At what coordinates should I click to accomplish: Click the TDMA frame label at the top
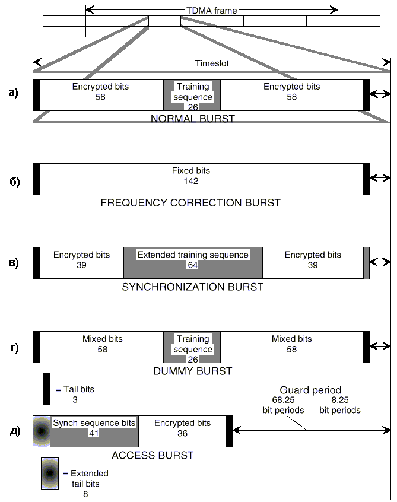[x=212, y=11]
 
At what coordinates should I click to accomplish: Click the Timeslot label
[x=212, y=63]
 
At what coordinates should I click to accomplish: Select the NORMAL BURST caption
[x=193, y=119]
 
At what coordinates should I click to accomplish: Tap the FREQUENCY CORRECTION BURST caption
[x=190, y=203]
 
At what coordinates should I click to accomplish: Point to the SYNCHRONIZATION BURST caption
[x=193, y=287]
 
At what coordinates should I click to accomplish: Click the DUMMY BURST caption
[x=193, y=371]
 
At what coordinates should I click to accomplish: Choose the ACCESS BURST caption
[x=153, y=455]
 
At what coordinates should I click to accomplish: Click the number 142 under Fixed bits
[x=191, y=181]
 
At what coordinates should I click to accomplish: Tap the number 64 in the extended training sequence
[x=193, y=265]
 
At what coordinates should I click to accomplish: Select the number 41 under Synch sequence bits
[x=94, y=433]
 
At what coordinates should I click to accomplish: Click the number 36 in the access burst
[x=183, y=433]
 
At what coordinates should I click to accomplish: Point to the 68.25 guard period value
[x=283, y=400]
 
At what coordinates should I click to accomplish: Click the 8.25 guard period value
[x=340, y=400]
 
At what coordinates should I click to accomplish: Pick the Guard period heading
[x=310, y=390]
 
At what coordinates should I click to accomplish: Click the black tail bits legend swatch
[x=47, y=389]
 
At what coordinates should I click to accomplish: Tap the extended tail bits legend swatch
[x=50, y=473]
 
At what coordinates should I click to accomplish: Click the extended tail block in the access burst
[x=42, y=431]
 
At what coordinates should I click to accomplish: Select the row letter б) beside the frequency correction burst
[x=14, y=182]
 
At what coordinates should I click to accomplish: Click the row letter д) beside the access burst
[x=15, y=431]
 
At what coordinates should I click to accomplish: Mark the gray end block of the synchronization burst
[x=367, y=263]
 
